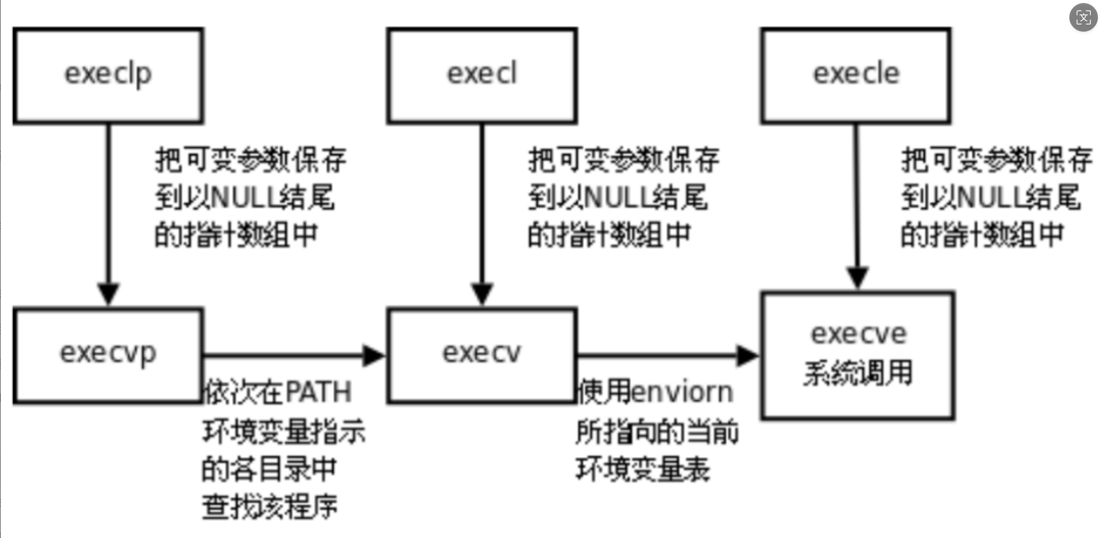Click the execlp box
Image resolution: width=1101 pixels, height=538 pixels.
[108, 76]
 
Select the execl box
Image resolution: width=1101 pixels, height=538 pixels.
[482, 76]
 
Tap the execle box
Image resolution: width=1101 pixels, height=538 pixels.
[856, 76]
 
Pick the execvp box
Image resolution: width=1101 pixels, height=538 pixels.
[108, 356]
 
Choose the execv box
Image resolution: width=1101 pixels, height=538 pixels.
[482, 356]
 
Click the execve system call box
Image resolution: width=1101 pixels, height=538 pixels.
[857, 356]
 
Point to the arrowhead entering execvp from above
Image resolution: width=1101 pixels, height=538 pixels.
[108, 294]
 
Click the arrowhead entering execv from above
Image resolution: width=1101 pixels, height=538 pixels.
[482, 294]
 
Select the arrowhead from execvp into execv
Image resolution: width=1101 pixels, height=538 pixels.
[374, 355]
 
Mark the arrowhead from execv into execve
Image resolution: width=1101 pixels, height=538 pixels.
[748, 355]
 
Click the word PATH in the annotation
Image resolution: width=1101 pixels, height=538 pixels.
[318, 393]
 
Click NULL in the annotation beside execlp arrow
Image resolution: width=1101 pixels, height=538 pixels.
[244, 198]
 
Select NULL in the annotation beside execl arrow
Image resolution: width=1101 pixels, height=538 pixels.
[617, 198]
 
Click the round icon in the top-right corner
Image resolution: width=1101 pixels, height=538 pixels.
[1083, 18]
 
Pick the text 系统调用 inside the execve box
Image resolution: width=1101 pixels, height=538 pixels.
[858, 373]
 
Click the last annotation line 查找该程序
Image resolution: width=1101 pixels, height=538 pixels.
[270, 507]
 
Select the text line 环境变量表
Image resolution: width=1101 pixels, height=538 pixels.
[642, 469]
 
